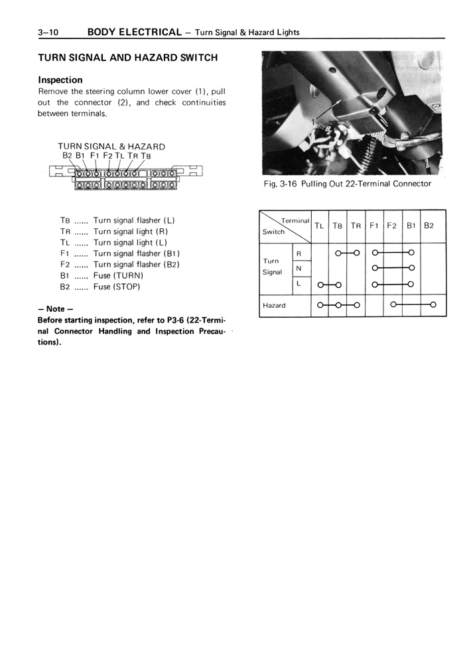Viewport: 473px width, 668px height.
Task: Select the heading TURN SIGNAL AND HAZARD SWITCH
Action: (127, 58)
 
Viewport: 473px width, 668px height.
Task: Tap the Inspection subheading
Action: (60, 80)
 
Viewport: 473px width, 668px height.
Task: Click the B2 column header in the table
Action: (429, 226)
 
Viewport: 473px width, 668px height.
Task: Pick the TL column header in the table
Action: (319, 226)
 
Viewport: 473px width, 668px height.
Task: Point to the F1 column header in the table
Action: (374, 226)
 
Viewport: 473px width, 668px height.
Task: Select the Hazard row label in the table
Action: (274, 305)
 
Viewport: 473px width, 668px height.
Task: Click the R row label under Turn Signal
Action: (299, 253)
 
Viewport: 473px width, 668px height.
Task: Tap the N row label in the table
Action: (299, 269)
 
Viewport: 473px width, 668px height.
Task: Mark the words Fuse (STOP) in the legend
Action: (117, 287)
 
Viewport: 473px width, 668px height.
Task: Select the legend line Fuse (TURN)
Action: (118, 275)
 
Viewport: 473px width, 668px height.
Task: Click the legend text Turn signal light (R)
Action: (131, 232)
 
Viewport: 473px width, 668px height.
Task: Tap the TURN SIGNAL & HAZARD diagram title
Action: (111, 146)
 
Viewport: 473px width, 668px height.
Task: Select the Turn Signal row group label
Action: (273, 266)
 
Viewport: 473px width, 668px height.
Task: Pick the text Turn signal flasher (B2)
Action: (137, 264)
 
